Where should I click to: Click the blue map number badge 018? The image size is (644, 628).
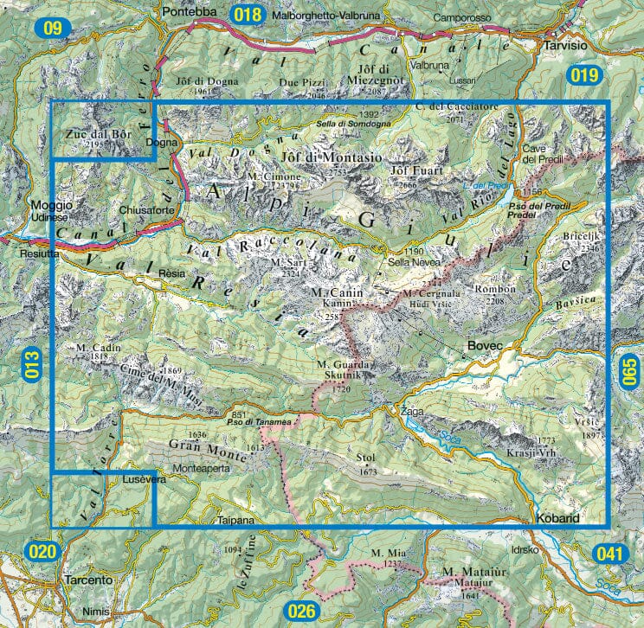(x=248, y=14)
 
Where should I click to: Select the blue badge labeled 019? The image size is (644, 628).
(x=585, y=75)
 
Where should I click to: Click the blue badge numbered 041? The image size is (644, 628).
(x=609, y=553)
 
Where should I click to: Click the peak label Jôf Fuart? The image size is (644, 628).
(x=417, y=170)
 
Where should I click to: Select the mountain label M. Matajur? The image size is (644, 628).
(x=473, y=573)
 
